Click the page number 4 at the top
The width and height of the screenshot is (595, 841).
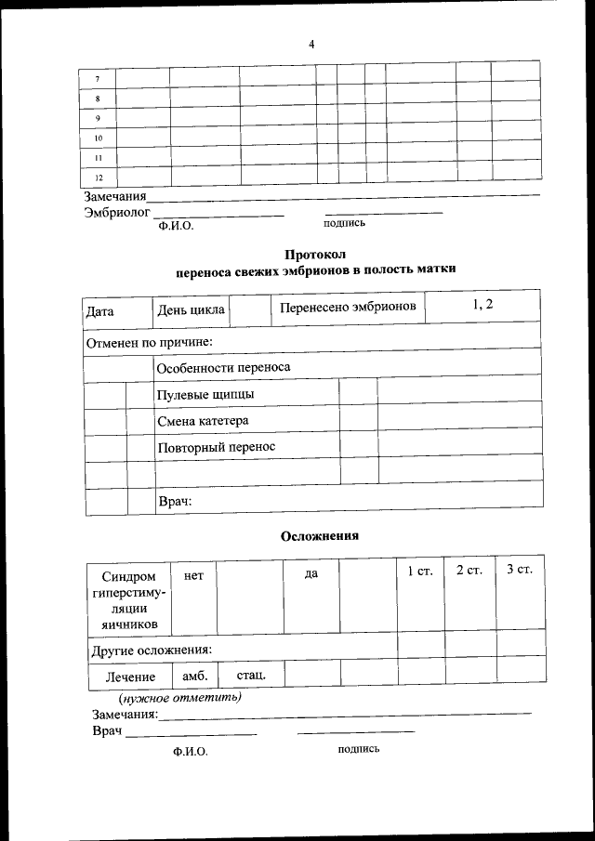click(x=311, y=44)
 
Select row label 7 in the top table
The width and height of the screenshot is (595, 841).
click(x=98, y=78)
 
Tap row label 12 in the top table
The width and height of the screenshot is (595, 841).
click(x=99, y=177)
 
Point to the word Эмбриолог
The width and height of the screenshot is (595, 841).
click(x=116, y=212)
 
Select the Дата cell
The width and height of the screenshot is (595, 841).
click(x=99, y=310)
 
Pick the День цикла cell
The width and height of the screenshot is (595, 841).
click(x=191, y=309)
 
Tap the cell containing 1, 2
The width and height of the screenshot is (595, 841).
click(x=483, y=304)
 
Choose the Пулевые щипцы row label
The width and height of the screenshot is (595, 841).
click(x=205, y=394)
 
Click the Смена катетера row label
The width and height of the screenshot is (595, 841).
click(x=203, y=421)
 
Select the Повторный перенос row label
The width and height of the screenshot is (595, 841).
click(x=217, y=447)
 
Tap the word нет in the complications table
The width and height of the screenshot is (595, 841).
click(x=193, y=575)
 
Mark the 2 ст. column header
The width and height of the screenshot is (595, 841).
click(x=469, y=570)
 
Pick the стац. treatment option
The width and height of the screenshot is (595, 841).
click(x=251, y=674)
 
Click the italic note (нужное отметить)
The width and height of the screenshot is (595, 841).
click(x=179, y=697)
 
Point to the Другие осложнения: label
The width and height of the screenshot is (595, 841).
click(x=151, y=648)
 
